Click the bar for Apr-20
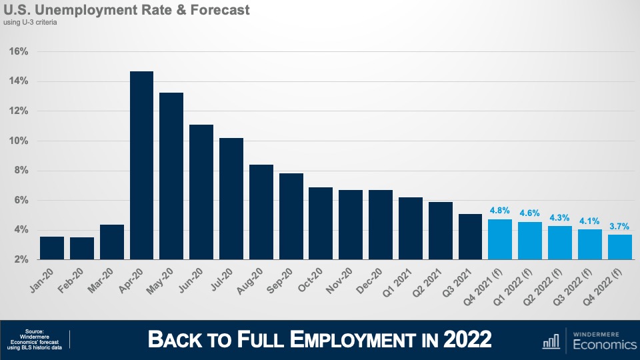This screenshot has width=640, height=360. coord(141,165)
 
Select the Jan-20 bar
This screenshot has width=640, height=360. coord(52,248)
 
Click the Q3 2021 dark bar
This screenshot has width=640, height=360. coord(470,237)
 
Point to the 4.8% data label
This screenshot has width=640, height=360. coord(500,209)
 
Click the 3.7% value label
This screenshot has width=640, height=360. coord(619,225)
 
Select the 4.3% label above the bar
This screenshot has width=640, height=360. coord(560,217)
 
